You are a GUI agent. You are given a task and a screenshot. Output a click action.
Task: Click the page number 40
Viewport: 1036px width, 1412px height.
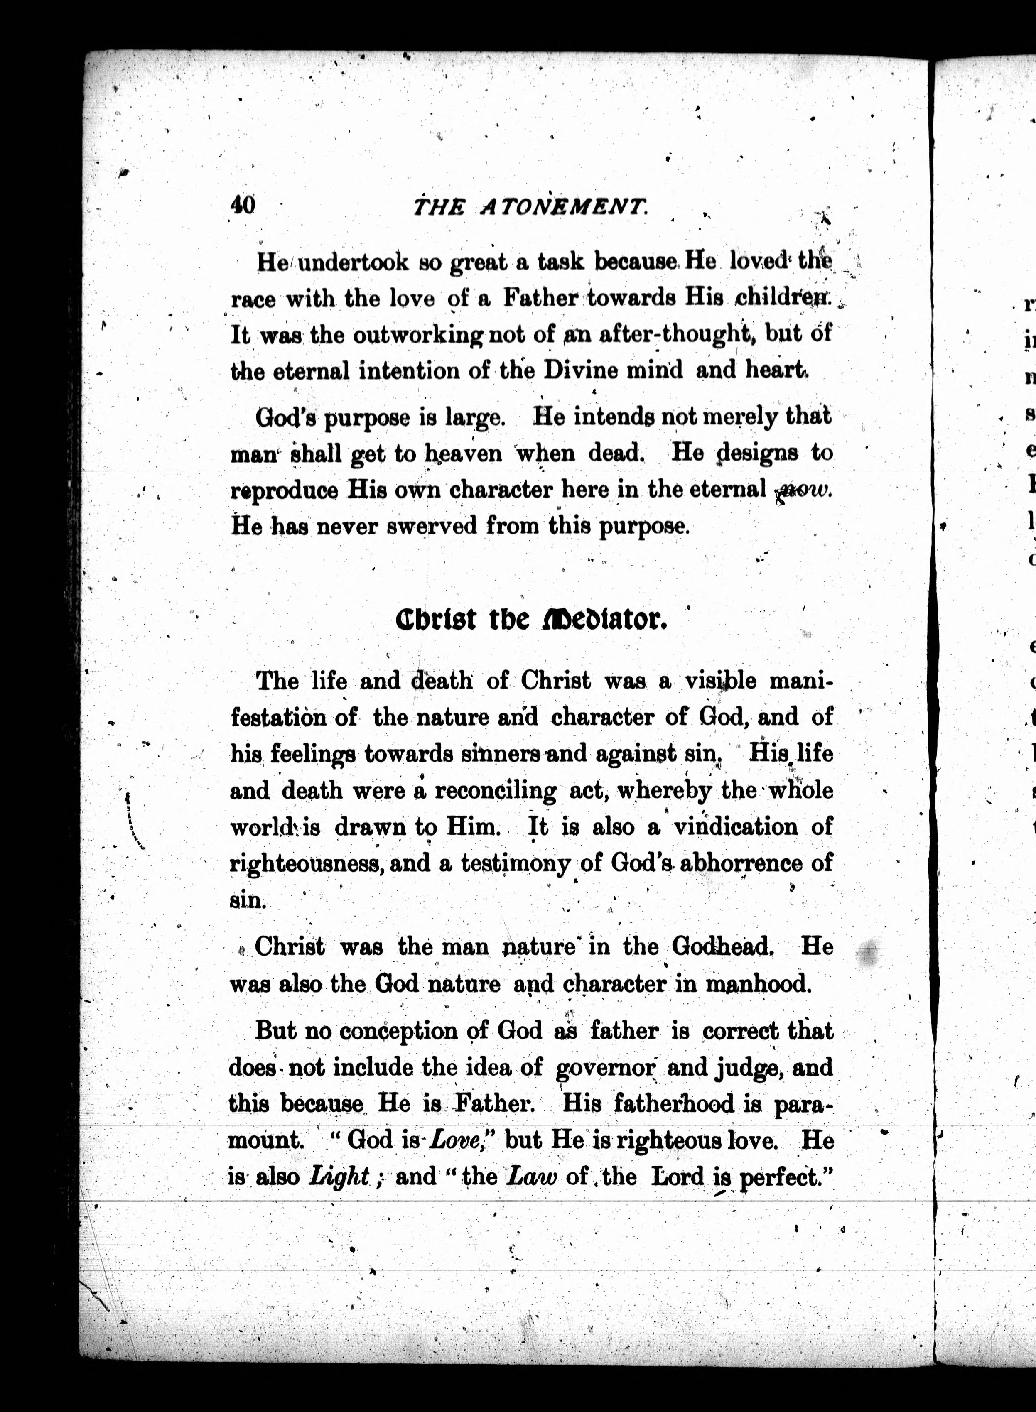point(243,205)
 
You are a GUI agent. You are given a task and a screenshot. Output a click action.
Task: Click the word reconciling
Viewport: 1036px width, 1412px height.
point(496,791)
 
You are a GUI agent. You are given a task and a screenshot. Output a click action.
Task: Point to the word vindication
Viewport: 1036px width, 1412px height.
point(736,827)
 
